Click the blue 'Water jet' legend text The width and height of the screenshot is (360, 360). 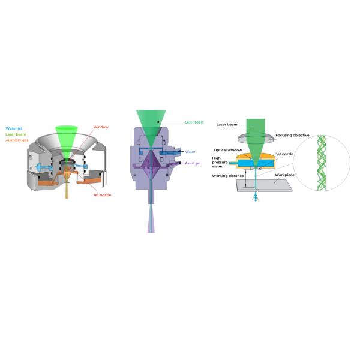coord(14,128)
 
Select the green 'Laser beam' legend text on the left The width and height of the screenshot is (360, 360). coord(16,134)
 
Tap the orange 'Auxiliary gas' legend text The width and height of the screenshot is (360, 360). coord(17,140)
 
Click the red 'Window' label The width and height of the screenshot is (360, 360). coord(101,127)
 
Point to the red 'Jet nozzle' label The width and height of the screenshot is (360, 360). coord(102,195)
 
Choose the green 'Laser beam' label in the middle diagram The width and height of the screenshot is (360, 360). coord(194,122)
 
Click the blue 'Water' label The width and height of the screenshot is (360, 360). coord(190,152)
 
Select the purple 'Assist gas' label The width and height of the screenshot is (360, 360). coord(193,163)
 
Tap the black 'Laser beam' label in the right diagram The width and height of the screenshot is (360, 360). coord(227,124)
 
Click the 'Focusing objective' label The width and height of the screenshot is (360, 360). coord(292,135)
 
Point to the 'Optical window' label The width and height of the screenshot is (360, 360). coord(228,150)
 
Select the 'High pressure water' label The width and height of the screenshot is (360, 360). coord(220,162)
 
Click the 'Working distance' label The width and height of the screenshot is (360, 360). coord(228,176)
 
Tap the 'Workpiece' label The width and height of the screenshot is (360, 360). coord(284,175)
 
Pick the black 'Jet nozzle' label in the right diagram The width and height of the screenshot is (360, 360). coord(284,154)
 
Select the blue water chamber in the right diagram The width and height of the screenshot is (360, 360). coord(256,163)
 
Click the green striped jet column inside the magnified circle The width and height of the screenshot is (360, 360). coord(322,163)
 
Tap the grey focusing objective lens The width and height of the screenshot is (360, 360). coord(256,139)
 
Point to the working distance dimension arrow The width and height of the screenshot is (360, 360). coord(246,178)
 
